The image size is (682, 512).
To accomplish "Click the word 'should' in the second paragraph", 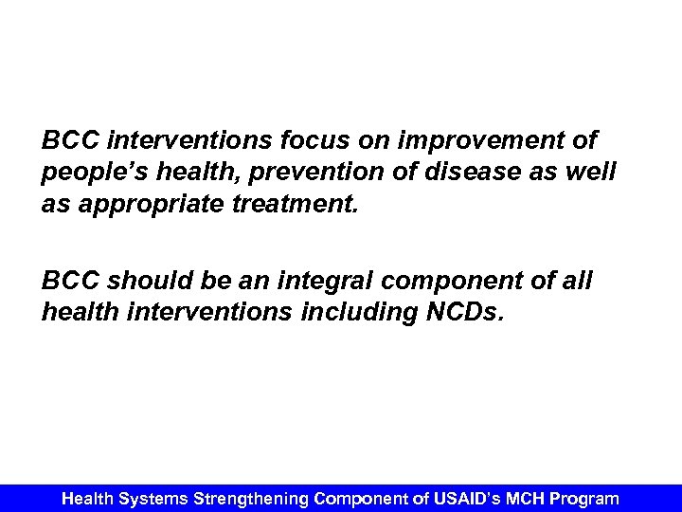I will [140, 282].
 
